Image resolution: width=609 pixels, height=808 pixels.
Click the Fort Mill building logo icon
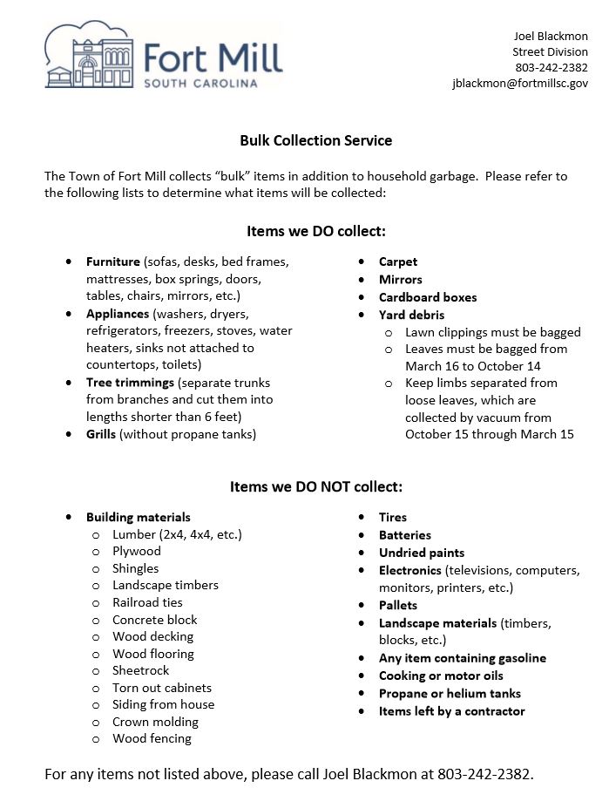[88, 57]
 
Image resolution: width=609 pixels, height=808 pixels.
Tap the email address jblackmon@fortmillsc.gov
[519, 83]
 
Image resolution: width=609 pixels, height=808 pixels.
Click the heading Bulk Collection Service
[316, 140]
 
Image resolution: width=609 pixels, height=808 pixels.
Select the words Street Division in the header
[550, 51]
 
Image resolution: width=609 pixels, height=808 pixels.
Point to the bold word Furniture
[112, 261]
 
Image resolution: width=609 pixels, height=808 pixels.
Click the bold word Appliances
[118, 314]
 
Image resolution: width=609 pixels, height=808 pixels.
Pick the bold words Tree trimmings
[129, 383]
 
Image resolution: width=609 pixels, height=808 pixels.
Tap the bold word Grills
[101, 434]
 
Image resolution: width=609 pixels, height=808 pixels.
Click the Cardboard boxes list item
[428, 297]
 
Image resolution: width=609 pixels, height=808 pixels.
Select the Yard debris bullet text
[411, 315]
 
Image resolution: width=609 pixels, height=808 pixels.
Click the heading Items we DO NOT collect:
[316, 486]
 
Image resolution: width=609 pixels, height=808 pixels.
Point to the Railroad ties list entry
[147, 602]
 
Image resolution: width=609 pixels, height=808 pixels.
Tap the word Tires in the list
[393, 517]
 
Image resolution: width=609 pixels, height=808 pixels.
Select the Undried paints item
[422, 553]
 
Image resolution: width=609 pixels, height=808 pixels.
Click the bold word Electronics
[410, 570]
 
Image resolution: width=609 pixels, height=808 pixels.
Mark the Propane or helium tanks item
[450, 694]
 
